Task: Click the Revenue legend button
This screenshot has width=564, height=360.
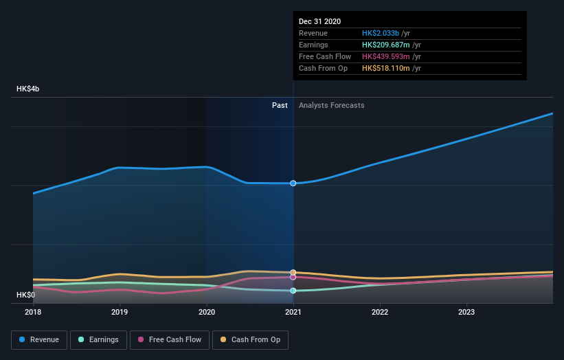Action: [x=40, y=339]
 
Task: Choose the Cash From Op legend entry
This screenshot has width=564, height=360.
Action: [x=251, y=339]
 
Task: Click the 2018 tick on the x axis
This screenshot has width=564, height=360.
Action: [x=33, y=311]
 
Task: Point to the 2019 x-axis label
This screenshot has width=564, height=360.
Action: [x=120, y=311]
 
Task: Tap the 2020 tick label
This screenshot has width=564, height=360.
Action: [x=206, y=311]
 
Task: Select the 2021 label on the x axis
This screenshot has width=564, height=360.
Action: [x=293, y=311]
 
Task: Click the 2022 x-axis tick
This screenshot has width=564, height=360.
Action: [x=380, y=311]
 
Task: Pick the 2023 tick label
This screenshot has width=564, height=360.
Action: [x=466, y=311]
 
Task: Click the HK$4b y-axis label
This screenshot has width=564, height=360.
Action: [x=28, y=89]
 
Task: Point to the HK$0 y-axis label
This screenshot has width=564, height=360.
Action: [x=26, y=295]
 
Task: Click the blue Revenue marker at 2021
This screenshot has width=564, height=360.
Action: [x=293, y=183]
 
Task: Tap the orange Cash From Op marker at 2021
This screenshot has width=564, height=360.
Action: [x=293, y=273]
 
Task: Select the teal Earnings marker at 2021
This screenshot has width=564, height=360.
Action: [x=293, y=291]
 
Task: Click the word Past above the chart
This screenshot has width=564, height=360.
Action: [x=280, y=105]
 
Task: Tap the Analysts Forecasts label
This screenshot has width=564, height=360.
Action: [x=331, y=105]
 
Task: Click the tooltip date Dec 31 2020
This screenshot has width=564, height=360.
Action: [x=319, y=22]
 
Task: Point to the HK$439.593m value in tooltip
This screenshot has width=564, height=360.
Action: [x=387, y=56]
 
